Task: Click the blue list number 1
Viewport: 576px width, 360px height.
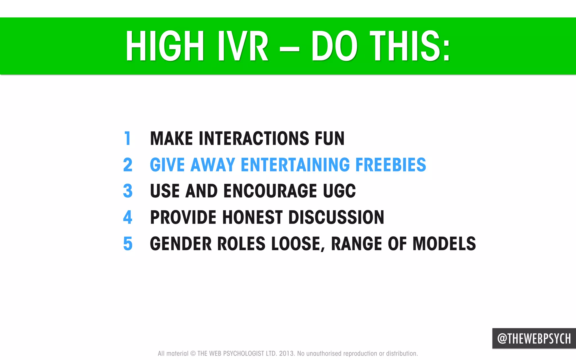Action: click(x=128, y=138)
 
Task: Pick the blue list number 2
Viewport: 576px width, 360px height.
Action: click(x=128, y=165)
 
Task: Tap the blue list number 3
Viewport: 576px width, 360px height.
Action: click(x=128, y=191)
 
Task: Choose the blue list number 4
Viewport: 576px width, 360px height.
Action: click(x=128, y=217)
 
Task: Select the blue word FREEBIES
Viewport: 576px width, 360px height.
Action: click(x=391, y=165)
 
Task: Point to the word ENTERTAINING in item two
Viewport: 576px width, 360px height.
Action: click(x=295, y=165)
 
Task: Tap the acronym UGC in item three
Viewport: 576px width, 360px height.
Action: click(x=339, y=191)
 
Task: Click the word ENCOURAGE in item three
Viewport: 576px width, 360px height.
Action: click(x=270, y=191)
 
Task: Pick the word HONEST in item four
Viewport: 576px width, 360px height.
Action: click(x=252, y=217)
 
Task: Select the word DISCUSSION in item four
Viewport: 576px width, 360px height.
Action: click(x=336, y=217)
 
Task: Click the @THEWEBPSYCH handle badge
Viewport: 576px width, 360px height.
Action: click(x=534, y=338)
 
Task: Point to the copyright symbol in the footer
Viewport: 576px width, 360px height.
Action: click(x=193, y=354)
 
